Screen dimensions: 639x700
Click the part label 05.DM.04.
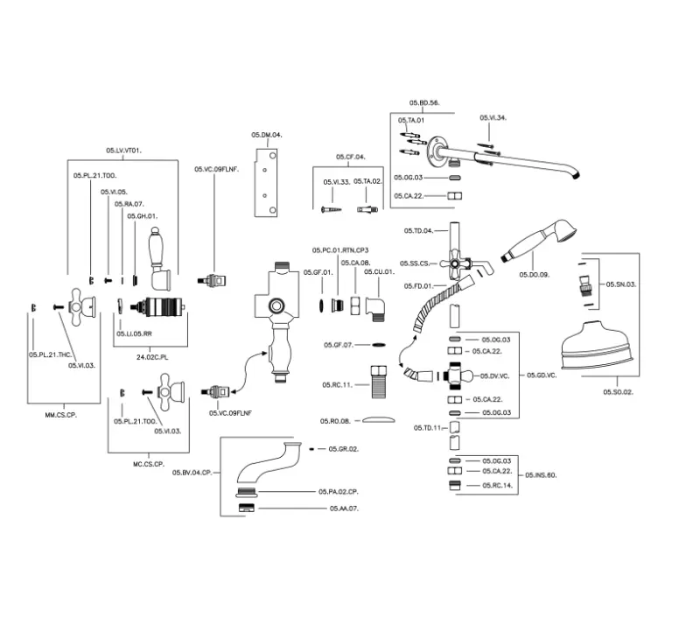pos(267,135)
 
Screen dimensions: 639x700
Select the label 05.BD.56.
pos(424,103)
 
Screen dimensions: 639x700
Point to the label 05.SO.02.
pos(619,393)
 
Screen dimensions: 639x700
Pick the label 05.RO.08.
pos(335,421)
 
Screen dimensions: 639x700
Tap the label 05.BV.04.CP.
pos(192,473)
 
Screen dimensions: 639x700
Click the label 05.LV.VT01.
pos(123,151)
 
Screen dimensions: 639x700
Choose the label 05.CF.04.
pos(350,157)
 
